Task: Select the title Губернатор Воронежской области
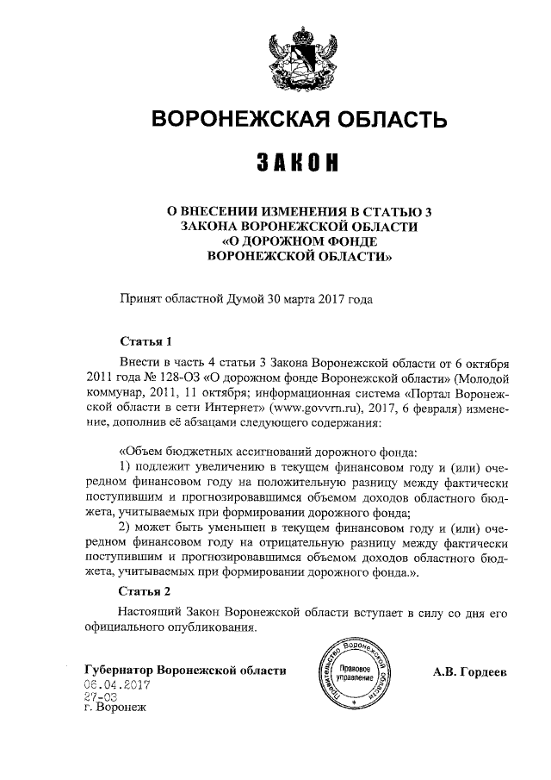[x=184, y=671]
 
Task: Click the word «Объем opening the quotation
[x=142, y=451]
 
